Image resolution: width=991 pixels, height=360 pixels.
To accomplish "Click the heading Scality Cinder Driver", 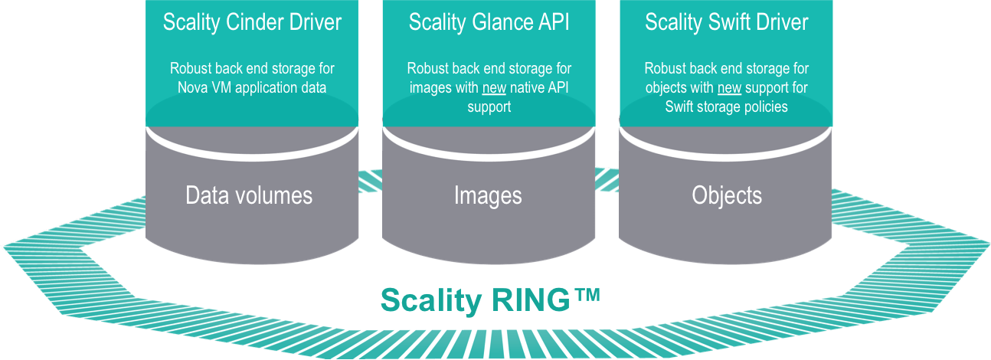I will (x=252, y=22).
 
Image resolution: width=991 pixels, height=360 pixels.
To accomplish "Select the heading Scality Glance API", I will (x=489, y=22).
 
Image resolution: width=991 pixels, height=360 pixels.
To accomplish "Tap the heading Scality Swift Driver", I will (x=726, y=22).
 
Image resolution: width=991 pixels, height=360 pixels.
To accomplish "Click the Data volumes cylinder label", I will (x=249, y=195).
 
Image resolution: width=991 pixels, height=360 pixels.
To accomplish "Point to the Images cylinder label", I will (x=488, y=195).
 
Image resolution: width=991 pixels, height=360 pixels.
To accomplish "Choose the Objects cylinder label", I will (x=727, y=195).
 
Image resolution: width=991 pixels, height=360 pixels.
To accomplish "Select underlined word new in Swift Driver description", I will (x=729, y=88).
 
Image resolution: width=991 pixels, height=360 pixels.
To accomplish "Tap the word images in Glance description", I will (x=430, y=88).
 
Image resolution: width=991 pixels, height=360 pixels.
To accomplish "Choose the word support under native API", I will (x=489, y=107).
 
